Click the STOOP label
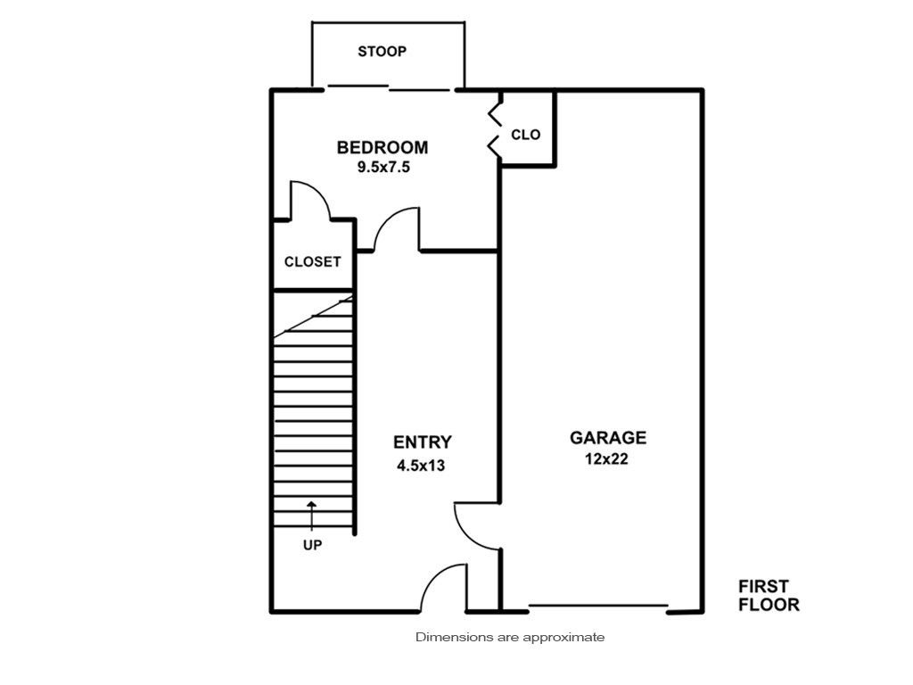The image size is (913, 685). pos(382,51)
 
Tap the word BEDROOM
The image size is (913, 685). pos(382,147)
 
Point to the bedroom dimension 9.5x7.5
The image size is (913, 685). pos(383,167)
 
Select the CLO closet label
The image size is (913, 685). pos(526,135)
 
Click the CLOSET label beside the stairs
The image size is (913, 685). pos(313,261)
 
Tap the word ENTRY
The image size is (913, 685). pos(422,442)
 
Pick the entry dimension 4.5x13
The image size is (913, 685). pos(421,466)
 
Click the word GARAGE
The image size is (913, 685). pos(608,437)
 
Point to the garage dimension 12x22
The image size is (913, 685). pos(606,459)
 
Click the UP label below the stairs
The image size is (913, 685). pos(313,545)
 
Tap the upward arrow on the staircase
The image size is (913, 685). pos(312,516)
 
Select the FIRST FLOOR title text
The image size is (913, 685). pos(769,595)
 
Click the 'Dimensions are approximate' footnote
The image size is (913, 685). pos(510,637)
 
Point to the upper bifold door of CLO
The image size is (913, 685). pos(494,114)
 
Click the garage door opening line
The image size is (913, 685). pos(597,606)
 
